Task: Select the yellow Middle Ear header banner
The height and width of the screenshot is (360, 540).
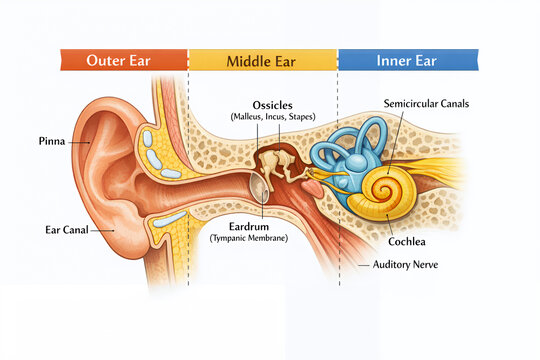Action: (x=263, y=59)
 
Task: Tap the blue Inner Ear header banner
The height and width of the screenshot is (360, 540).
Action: (x=407, y=59)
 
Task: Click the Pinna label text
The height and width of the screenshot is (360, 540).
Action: (x=52, y=141)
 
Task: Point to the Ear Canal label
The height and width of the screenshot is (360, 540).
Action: (x=67, y=229)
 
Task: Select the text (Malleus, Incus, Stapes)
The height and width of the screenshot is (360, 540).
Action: (x=273, y=118)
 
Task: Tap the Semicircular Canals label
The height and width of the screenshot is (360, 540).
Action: (x=426, y=103)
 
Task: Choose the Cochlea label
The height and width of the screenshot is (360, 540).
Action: (x=410, y=242)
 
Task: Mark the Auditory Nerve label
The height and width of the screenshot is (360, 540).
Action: (x=406, y=265)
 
